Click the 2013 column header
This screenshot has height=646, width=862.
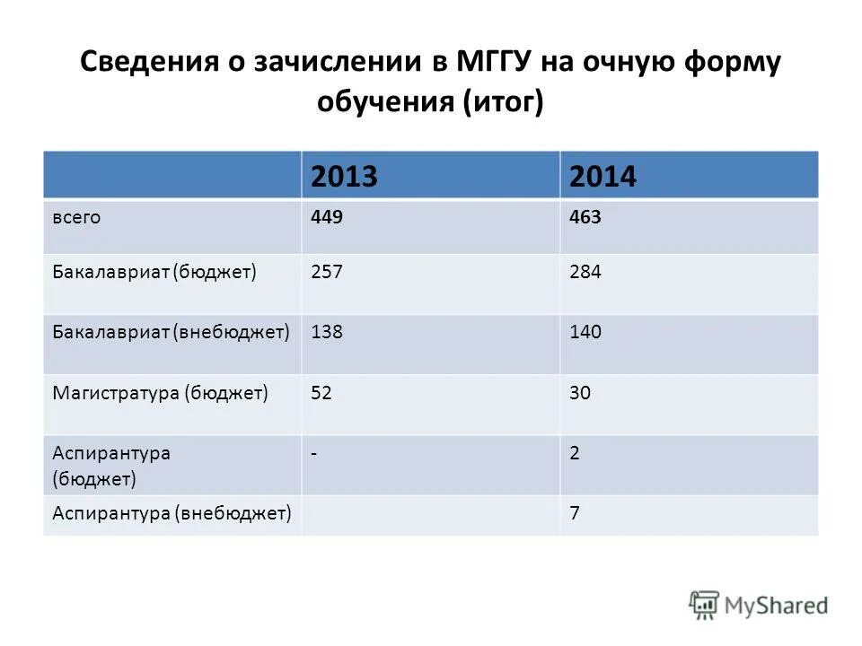click(x=343, y=177)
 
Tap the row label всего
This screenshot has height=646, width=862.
click(x=75, y=218)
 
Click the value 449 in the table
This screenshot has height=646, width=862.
click(x=327, y=217)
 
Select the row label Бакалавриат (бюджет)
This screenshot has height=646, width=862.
click(x=154, y=272)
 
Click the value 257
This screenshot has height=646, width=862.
click(x=327, y=272)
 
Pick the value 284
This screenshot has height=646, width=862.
click(x=585, y=272)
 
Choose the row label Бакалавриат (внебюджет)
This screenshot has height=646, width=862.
click(x=171, y=332)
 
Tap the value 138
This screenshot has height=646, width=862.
click(x=327, y=332)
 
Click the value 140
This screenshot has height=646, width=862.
click(x=585, y=332)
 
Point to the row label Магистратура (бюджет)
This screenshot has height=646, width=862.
click(x=161, y=392)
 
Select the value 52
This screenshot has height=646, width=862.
click(x=322, y=392)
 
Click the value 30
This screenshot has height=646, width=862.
click(x=580, y=392)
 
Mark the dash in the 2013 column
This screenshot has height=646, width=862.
click(x=314, y=453)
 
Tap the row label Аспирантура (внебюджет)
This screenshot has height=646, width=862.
click(x=172, y=513)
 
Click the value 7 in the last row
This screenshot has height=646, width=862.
click(x=575, y=513)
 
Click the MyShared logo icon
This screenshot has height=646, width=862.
click(x=705, y=605)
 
